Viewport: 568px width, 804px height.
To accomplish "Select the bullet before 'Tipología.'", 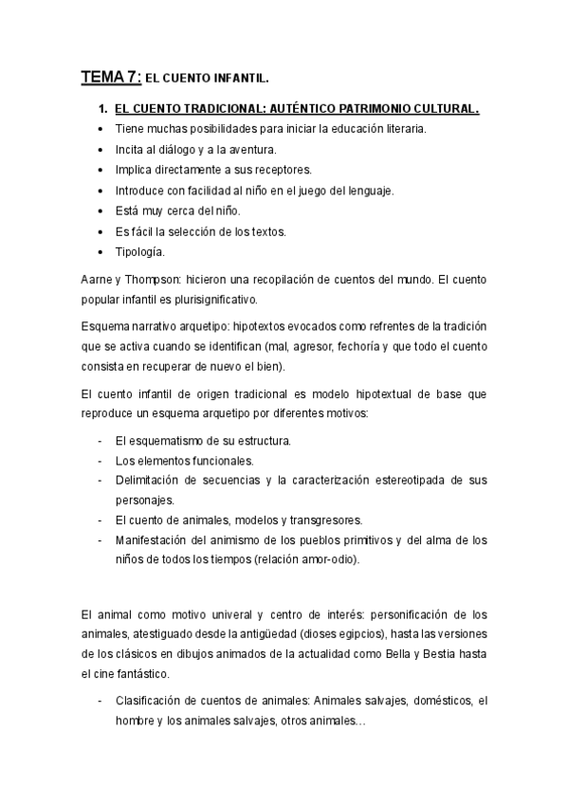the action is click(101, 252).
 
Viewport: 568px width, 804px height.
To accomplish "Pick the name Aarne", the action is click(98, 282).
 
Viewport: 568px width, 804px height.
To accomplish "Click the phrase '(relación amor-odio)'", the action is click(305, 558).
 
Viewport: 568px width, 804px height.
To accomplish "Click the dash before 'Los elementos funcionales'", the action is click(101, 461).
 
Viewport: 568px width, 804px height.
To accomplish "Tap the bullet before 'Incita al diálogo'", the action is click(101, 149).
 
